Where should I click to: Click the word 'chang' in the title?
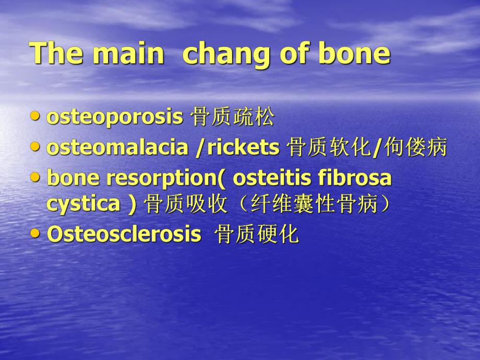pyautogui.click(x=226, y=54)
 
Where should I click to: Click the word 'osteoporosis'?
pyautogui.click(x=115, y=118)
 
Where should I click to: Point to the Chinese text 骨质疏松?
pyautogui.click(x=232, y=118)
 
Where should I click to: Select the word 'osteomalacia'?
pyautogui.click(x=117, y=148)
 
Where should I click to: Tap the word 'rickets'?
pyautogui.click(x=244, y=148)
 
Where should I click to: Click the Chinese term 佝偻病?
pyautogui.click(x=416, y=148)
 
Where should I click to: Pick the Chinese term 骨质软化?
pyautogui.click(x=329, y=148)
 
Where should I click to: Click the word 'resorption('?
pyautogui.click(x=166, y=178)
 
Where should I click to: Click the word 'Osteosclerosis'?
pyautogui.click(x=124, y=234)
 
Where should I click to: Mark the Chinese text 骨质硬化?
pyautogui.click(x=257, y=235)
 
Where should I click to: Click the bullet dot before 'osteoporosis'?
pyautogui.click(x=35, y=116)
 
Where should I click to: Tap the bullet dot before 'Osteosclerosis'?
pyautogui.click(x=35, y=233)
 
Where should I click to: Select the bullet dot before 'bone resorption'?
pyautogui.click(x=35, y=177)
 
